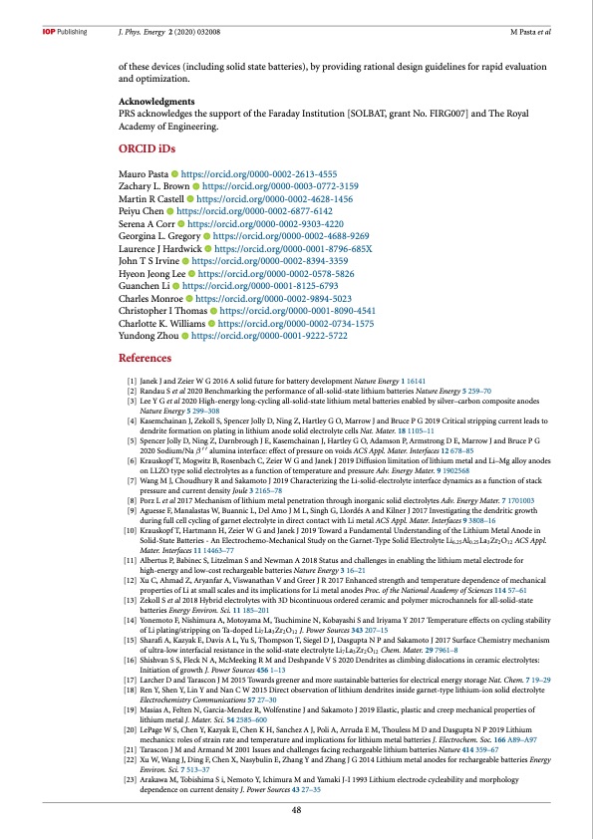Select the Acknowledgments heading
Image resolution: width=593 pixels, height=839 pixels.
click(x=157, y=103)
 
